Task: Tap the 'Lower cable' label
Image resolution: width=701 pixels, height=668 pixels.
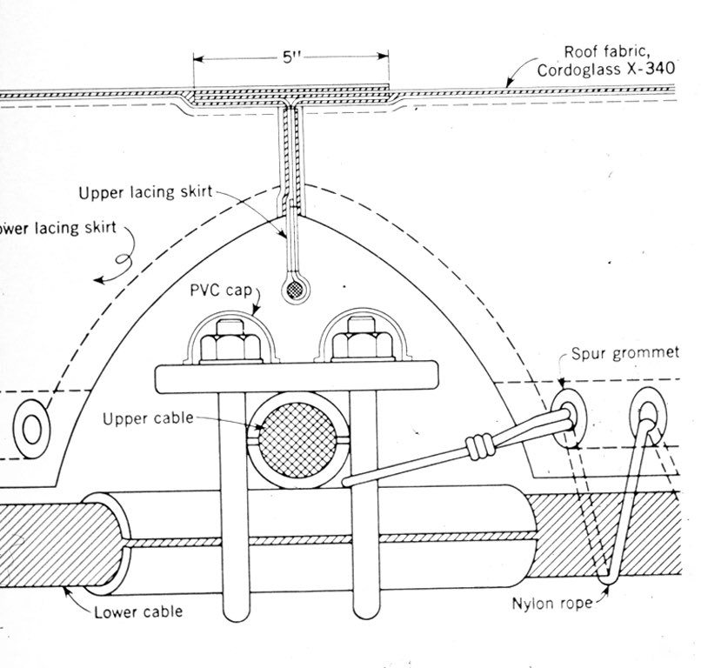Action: (x=138, y=611)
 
